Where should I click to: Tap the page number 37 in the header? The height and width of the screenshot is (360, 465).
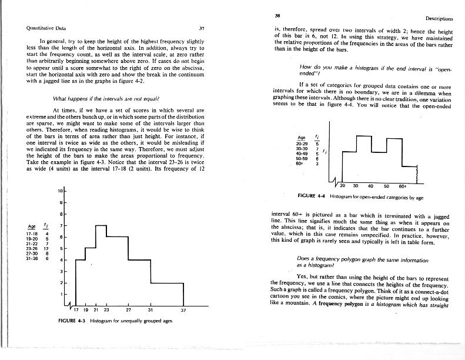click(201, 28)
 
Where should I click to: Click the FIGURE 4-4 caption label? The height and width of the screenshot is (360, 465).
click(312, 195)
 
